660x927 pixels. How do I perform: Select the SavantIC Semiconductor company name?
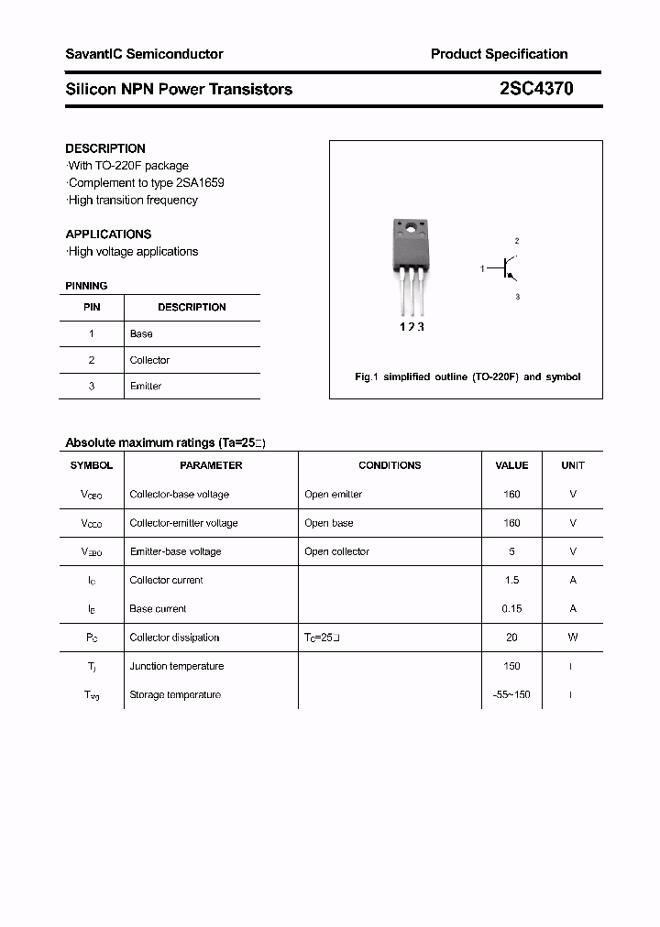(x=144, y=54)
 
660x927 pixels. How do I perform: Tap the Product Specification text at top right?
(x=499, y=54)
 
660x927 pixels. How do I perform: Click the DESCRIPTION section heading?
(x=105, y=148)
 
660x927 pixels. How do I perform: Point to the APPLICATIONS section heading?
(x=108, y=234)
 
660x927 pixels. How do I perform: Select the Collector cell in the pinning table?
(x=149, y=360)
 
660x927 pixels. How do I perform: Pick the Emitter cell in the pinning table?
(x=146, y=386)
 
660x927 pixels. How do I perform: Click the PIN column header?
(x=92, y=307)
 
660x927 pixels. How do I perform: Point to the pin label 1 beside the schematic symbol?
(x=482, y=268)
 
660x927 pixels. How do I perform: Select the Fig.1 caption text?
(x=467, y=376)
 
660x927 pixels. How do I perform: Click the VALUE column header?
(x=511, y=465)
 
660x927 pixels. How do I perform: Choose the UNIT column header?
(x=573, y=465)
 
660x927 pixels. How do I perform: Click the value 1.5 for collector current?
(x=511, y=580)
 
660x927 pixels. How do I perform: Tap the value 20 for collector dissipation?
(x=511, y=638)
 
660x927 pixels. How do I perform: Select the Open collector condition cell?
(x=336, y=551)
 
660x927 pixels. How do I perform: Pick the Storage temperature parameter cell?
(x=175, y=694)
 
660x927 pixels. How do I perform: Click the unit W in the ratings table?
(x=573, y=638)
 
